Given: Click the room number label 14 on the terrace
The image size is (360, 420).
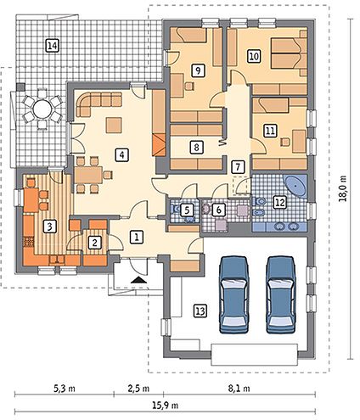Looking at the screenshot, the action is [x=53, y=46].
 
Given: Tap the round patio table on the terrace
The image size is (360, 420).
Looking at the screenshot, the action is [x=42, y=109].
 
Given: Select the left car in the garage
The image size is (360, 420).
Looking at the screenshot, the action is [x=234, y=295].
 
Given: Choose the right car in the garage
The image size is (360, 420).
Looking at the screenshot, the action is [x=282, y=295].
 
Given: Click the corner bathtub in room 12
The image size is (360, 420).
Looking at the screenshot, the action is [x=295, y=186].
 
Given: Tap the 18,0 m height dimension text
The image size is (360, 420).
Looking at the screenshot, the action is [x=343, y=188].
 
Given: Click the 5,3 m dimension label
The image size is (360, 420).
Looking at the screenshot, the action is [x=65, y=389].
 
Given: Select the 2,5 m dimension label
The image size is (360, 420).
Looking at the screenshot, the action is [x=138, y=389].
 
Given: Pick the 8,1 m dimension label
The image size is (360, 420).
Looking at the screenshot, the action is [x=239, y=389].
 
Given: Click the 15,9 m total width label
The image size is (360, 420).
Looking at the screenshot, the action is [x=166, y=406].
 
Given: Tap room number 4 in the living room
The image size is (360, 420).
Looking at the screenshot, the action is [x=121, y=155].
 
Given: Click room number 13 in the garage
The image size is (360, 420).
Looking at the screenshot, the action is [x=200, y=311].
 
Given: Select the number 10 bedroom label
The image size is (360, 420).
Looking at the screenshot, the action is [x=254, y=56].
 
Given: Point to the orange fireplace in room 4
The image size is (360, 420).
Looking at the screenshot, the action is [x=159, y=145].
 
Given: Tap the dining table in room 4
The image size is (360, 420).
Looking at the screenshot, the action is [x=88, y=175].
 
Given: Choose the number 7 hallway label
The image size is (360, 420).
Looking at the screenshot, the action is [x=238, y=166].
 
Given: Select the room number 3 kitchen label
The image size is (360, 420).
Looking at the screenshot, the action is [x=50, y=227].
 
